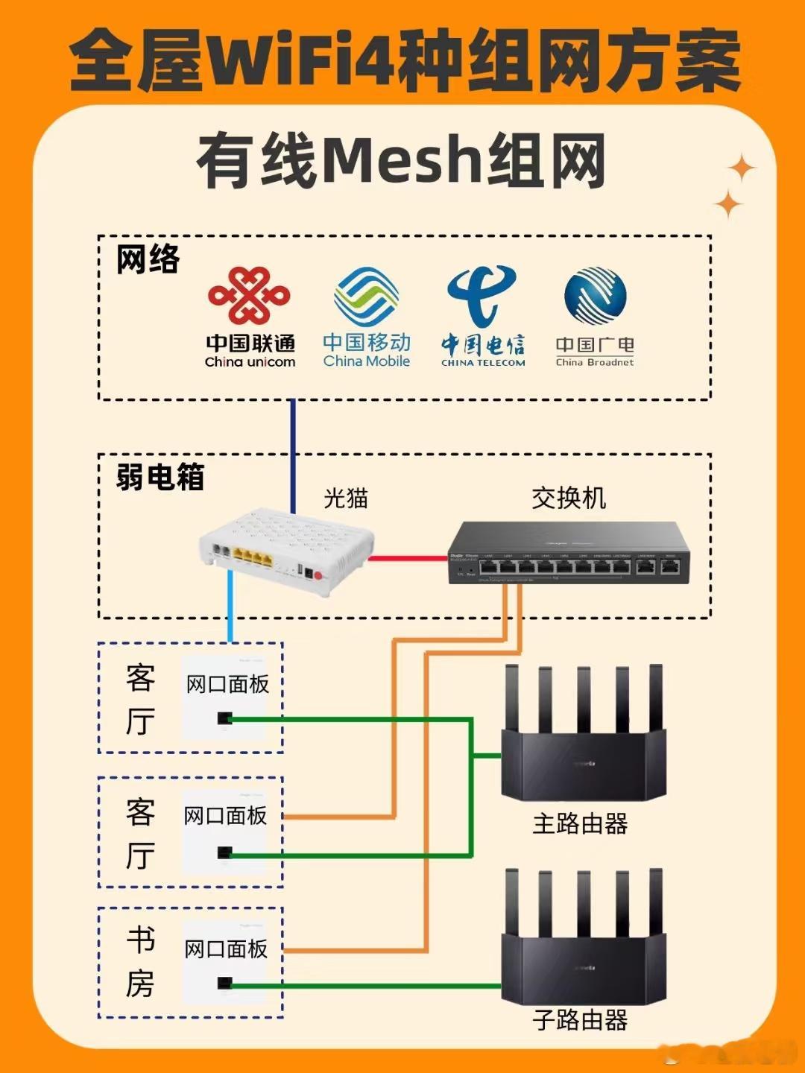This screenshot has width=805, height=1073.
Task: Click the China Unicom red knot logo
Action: tap(249, 296)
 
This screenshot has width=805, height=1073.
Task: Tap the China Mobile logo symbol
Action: tap(366, 297)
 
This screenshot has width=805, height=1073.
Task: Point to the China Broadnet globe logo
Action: tap(595, 296)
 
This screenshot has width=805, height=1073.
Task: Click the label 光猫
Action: tap(346, 498)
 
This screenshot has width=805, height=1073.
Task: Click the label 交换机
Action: tap(569, 498)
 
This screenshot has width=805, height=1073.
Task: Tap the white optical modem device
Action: tap(286, 552)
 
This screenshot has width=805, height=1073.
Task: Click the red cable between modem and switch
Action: tap(408, 557)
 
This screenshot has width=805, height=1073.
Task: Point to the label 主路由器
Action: tap(580, 823)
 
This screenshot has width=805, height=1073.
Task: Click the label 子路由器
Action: tap(580, 1019)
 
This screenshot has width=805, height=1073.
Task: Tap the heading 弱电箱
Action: tap(160, 477)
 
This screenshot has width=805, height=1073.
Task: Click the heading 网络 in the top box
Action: tap(148, 259)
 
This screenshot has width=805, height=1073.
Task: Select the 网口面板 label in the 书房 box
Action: tap(226, 949)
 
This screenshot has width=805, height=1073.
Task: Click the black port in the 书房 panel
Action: tap(224, 984)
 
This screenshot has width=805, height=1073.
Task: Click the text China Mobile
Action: tap(366, 361)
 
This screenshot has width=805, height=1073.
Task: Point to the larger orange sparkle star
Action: tap(741, 169)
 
